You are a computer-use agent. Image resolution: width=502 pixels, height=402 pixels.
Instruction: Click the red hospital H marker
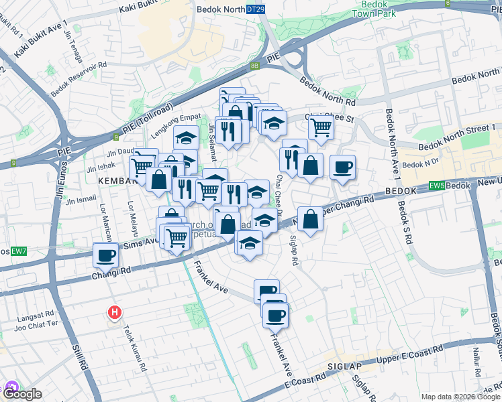[x=115, y=312]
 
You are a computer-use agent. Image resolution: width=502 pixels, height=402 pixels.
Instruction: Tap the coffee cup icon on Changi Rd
[x=106, y=255]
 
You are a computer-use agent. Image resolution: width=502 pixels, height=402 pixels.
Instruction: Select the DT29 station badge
[x=254, y=10]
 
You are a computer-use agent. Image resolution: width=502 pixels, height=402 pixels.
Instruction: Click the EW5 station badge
[x=438, y=185]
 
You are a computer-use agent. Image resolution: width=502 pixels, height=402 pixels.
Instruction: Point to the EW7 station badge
[x=19, y=251]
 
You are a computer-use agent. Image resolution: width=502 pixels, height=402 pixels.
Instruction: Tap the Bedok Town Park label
[x=374, y=9]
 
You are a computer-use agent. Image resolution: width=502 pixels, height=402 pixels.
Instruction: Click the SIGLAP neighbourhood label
[x=345, y=366]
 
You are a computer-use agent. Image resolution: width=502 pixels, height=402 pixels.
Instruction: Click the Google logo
[x=21, y=393]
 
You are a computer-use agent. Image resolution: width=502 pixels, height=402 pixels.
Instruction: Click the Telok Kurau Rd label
[x=134, y=348]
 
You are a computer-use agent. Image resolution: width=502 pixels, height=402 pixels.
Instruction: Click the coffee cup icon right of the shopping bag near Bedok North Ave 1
[x=342, y=166]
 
